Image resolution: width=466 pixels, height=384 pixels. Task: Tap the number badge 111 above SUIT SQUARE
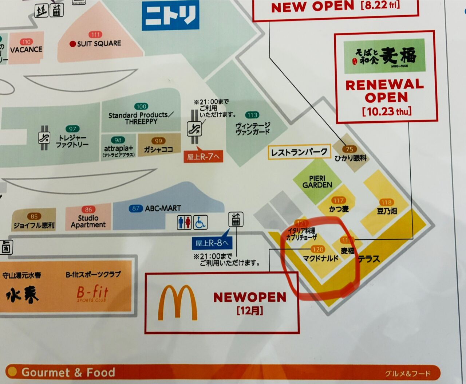point(96,35)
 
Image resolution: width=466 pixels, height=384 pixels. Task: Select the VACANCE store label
point(26,50)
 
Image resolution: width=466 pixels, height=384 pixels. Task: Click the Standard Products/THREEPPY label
point(141,118)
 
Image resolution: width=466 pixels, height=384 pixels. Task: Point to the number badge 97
point(72,129)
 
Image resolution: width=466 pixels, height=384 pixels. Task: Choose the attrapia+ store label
point(119,149)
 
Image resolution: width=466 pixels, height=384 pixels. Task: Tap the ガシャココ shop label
point(158,149)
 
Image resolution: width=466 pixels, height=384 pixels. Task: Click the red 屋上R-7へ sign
point(203,157)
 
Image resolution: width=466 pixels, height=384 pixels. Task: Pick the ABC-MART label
point(163,208)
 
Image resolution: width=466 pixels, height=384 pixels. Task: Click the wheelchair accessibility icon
point(201,223)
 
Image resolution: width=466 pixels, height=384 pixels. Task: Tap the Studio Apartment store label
point(88,222)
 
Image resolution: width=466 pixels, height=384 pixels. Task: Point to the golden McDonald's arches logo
point(177,302)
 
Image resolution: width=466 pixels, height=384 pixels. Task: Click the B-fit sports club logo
point(92,293)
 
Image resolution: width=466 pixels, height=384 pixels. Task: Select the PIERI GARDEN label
point(317,182)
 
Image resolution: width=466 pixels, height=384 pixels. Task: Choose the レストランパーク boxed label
point(299,152)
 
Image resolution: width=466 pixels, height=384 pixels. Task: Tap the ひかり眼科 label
point(351,158)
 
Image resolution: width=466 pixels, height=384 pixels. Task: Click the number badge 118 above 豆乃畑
point(386,202)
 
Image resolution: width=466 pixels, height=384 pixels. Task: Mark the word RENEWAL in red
point(384,85)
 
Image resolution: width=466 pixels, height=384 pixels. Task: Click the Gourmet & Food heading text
point(68,372)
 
